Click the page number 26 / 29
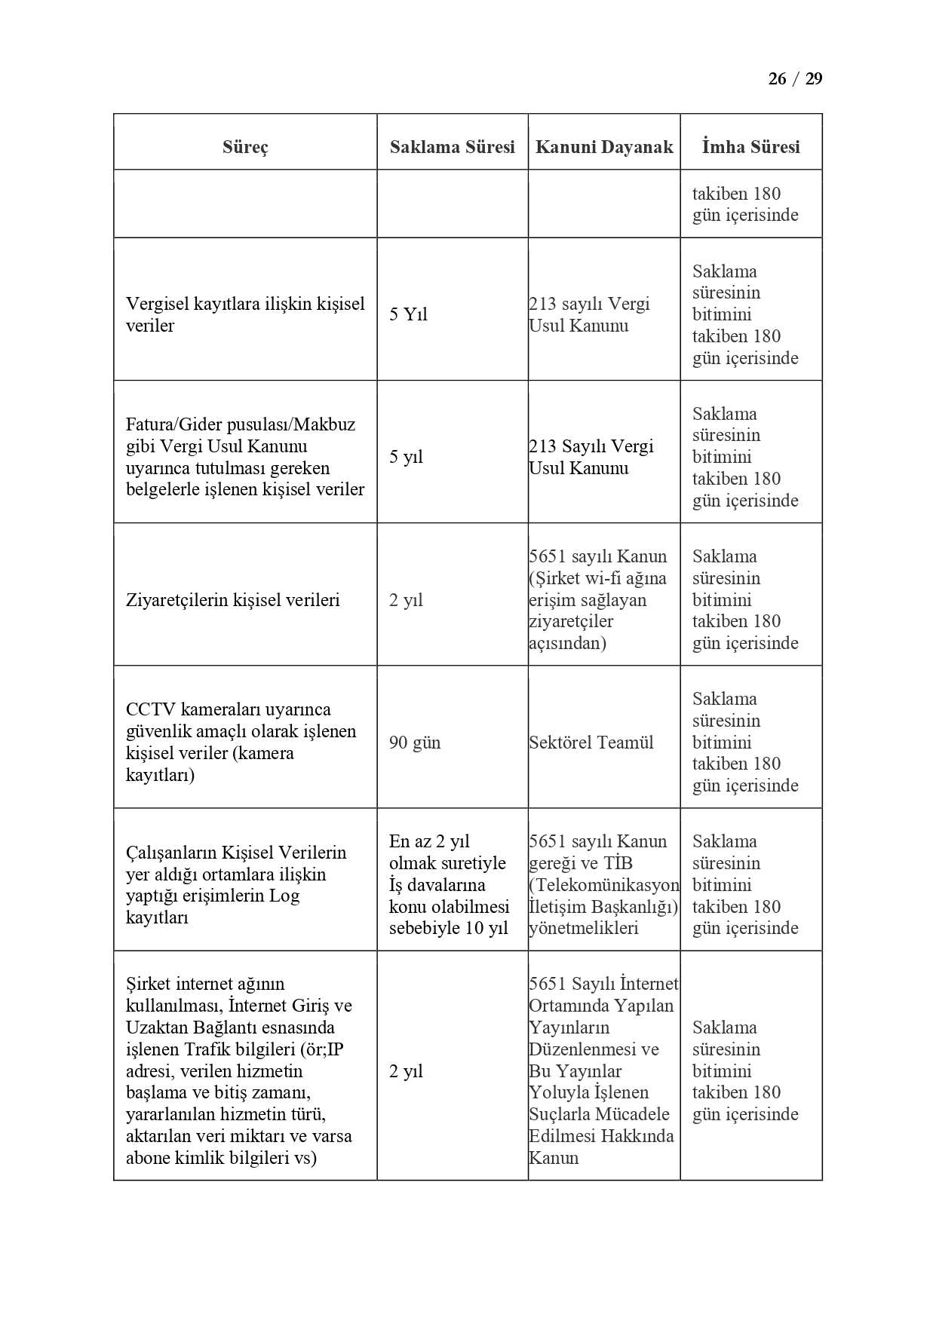pos(795,79)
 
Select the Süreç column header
pos(245,147)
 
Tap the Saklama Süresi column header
pos(452,147)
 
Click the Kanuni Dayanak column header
pos(603,147)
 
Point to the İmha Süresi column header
pos(750,147)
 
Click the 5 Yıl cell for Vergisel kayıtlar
pos(408,314)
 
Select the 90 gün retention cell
pos(415,743)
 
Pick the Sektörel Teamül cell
pos(591,743)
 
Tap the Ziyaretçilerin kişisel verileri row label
pos(233,600)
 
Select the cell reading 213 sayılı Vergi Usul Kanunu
pos(589,314)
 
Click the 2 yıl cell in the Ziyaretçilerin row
pos(406,600)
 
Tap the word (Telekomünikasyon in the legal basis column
pos(604,885)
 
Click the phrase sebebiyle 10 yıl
pos(448,928)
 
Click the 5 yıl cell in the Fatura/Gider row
pos(406,457)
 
